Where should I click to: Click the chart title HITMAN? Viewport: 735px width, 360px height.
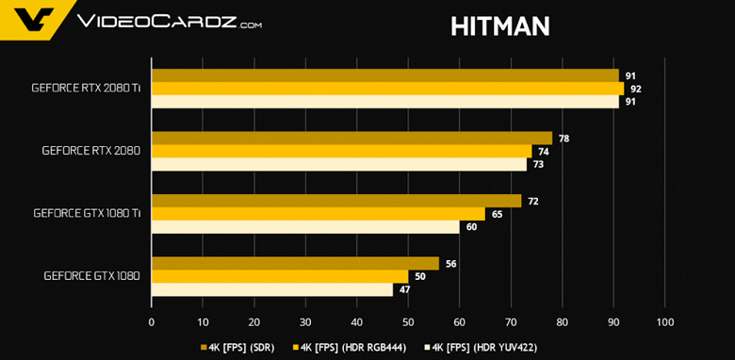click(x=500, y=26)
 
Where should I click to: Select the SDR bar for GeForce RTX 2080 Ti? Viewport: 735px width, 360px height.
click(x=384, y=75)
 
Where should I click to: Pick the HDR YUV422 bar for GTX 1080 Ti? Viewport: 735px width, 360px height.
click(x=305, y=227)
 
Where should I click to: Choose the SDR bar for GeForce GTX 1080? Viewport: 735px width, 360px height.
click(x=295, y=263)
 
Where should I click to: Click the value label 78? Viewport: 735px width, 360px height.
click(x=563, y=139)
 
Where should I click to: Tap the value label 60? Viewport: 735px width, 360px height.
click(x=471, y=227)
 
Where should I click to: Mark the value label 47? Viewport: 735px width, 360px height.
click(x=404, y=289)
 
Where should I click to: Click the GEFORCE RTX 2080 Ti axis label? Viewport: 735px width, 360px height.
click(x=86, y=89)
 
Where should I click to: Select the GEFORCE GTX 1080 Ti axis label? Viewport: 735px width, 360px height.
click(x=87, y=214)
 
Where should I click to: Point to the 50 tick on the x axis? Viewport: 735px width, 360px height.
click(x=408, y=322)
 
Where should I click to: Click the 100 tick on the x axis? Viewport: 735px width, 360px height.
click(x=664, y=322)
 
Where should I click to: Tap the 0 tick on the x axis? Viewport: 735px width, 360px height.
click(x=152, y=322)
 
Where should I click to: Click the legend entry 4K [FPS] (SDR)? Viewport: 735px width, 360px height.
click(x=239, y=347)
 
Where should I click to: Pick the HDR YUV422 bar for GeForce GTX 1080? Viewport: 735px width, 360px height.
click(x=272, y=289)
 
